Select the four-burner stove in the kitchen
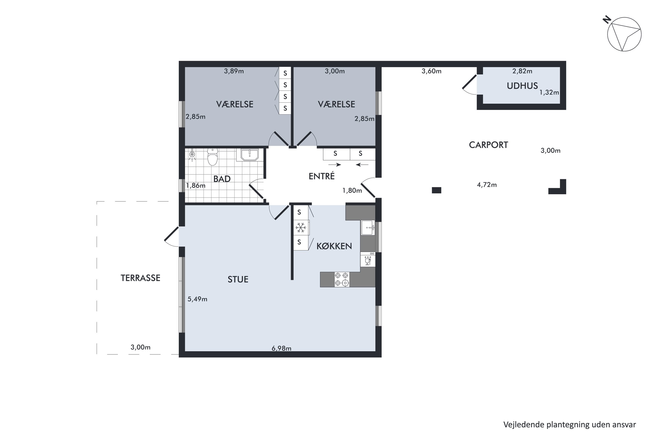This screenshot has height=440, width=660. coord(342,279)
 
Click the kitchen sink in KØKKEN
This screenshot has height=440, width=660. coord(368,227)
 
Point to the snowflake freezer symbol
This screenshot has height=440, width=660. coord(301,227)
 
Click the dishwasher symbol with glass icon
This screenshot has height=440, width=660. coord(368,259)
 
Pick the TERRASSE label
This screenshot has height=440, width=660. coord(141,278)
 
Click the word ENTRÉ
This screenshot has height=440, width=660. coord(322,176)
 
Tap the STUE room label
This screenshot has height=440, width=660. coord(238,279)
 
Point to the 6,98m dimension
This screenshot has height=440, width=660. coord(281,348)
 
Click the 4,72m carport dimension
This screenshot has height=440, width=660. coord(487,185)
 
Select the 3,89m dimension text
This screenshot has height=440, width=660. coord(234,71)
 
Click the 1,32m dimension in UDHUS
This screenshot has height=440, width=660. coord(549,92)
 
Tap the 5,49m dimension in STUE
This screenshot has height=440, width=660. coord(197,299)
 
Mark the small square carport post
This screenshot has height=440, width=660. coord(436,190)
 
